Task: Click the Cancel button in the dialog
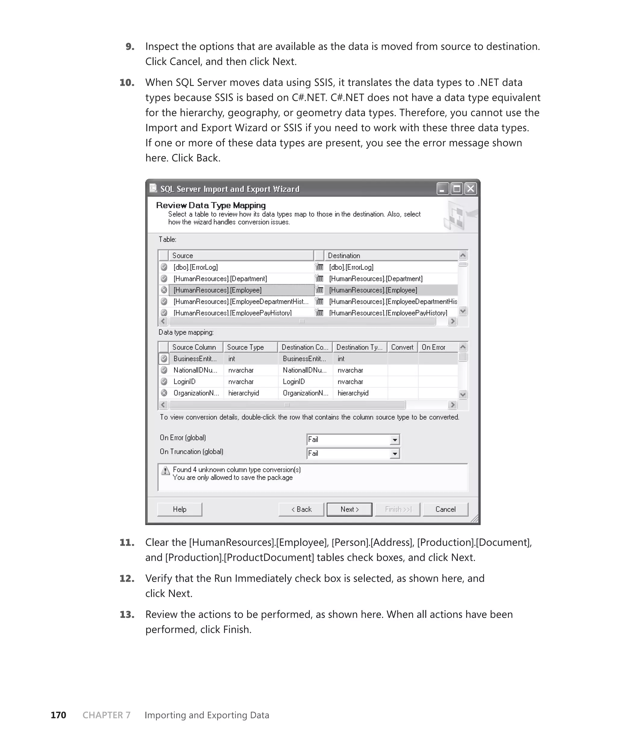445,509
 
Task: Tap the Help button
180,509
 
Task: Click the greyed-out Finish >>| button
397,509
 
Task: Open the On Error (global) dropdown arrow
394,440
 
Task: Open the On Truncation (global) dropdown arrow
394,454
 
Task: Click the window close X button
471,188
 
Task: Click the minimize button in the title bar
443,188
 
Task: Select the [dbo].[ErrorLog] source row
196,267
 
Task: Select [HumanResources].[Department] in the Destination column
375,278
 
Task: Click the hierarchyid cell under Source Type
243,393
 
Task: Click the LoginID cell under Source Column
184,382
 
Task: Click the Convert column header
402,347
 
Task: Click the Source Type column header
245,347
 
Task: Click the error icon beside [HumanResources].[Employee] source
164,290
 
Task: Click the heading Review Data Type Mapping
211,205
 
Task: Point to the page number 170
58,715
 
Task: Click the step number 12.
127,578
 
